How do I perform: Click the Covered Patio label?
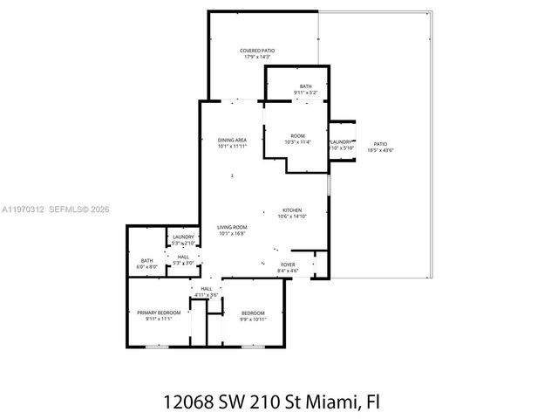point(257,52)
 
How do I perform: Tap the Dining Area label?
point(232,140)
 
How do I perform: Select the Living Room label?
point(232,227)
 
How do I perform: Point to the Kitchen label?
point(291,210)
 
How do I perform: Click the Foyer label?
point(288,264)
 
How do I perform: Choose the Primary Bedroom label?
point(159,313)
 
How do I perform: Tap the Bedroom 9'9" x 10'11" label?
point(252,313)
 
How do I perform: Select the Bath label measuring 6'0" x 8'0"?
point(146,260)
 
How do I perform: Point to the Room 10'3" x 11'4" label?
point(298,135)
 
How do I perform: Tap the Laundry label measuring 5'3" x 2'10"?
point(183,237)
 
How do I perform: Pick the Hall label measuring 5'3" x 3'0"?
point(183,257)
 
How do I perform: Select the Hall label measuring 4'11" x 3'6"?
point(207,288)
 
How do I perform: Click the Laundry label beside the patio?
point(341,141)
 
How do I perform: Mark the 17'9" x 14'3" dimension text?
point(257,58)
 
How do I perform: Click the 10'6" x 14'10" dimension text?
point(291,216)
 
